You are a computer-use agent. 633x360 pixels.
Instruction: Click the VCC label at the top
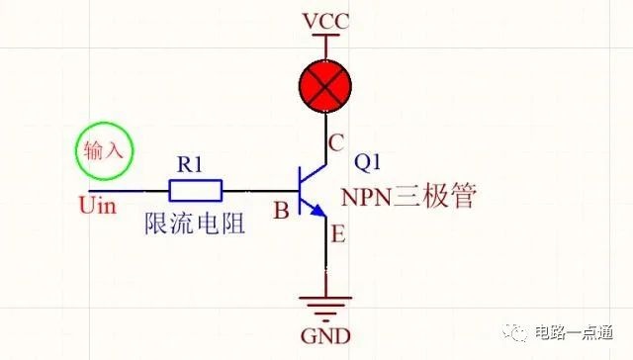tap(325, 21)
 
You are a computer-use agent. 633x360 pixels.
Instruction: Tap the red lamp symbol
tap(325, 86)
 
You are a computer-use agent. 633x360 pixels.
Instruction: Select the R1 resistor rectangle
tap(196, 191)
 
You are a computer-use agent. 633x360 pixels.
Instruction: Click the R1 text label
tap(189, 164)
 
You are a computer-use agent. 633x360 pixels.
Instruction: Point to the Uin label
tap(97, 205)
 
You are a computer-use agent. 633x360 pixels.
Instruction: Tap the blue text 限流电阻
tap(195, 224)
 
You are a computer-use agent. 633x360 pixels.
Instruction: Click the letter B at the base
tap(281, 211)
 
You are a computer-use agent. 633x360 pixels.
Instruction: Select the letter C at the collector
tap(336, 142)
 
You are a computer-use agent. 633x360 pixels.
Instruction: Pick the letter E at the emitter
tap(338, 233)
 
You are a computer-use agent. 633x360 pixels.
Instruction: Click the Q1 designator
tap(367, 162)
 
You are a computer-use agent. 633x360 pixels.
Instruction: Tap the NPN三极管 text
tap(408, 196)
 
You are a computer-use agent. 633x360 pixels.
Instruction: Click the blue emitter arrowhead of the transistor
tap(318, 211)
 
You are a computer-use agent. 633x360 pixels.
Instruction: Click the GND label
tap(325, 336)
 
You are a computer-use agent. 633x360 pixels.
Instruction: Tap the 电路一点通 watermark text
tap(574, 332)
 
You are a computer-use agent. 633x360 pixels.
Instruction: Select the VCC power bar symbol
tap(325, 36)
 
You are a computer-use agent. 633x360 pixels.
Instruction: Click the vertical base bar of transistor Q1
tap(300, 191)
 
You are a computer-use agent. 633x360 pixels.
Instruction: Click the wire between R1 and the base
tap(260, 191)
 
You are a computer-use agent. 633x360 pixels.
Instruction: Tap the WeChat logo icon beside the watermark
tap(515, 332)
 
